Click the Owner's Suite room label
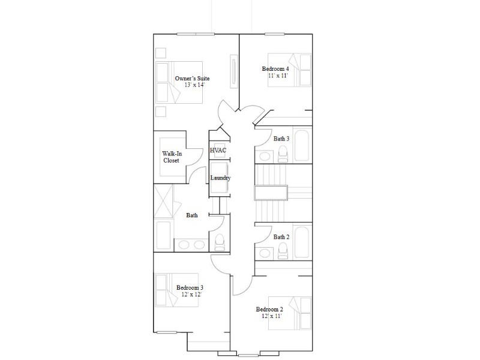pos(192,79)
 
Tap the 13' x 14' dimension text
pos(194,85)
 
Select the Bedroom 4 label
pos(275,69)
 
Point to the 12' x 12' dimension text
pos(191,295)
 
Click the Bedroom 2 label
pos(269,309)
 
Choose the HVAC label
pos(218,151)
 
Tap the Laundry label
pos(220,178)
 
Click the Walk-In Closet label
pos(172,157)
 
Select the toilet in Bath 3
pos(283,154)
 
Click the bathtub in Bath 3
pos(302,145)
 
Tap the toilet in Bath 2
pos(283,251)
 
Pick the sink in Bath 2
pos(264,253)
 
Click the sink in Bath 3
pos(264,156)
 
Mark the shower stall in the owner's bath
pos(163,200)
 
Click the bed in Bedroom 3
pos(177,290)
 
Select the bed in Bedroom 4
pos(290,70)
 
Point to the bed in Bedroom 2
pos(290,313)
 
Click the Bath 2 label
pos(281,237)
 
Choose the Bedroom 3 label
pos(190,288)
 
